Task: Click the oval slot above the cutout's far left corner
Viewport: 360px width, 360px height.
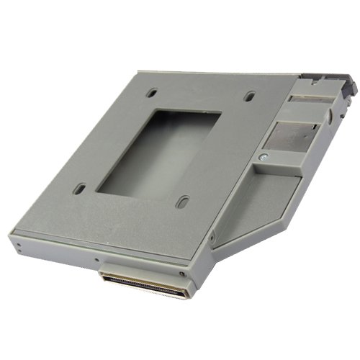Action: tap(152, 93)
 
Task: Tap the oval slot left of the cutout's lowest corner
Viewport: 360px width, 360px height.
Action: tap(79, 189)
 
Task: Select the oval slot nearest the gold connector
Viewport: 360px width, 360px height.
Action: tap(183, 202)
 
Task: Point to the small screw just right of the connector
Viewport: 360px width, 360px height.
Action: tap(182, 273)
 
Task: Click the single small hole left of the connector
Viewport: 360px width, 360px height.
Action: tap(96, 259)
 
